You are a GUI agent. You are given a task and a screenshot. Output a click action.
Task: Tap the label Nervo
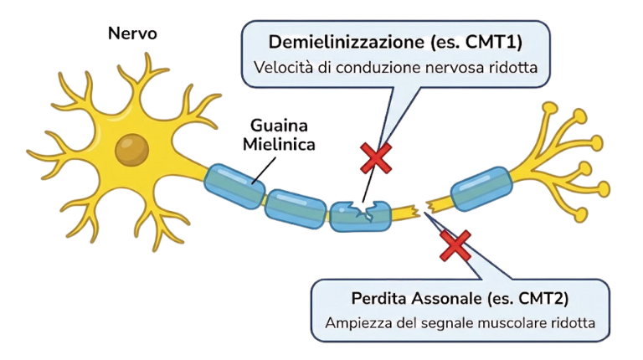click(x=132, y=34)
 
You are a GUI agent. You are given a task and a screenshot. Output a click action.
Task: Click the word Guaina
click(x=280, y=126)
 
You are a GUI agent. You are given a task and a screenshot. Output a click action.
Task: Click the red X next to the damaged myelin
click(x=376, y=158)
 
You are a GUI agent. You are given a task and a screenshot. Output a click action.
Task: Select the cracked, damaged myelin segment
click(x=360, y=214)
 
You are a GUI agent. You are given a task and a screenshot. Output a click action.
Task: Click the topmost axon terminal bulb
click(x=549, y=109)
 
